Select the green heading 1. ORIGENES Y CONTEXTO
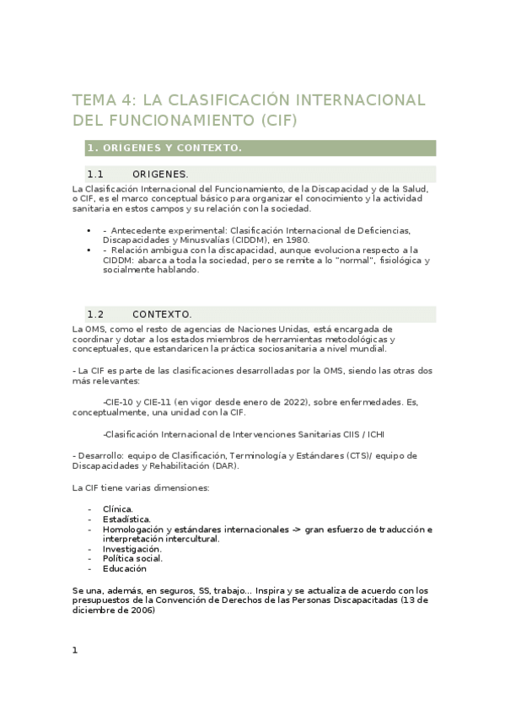tap(164, 148)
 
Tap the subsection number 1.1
tap(94, 174)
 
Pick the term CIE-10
tap(119, 403)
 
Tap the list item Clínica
tap(117, 509)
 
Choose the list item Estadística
tap(126, 519)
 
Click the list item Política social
tap(132, 558)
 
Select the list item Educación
tap(124, 568)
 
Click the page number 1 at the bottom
tap(75, 649)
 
